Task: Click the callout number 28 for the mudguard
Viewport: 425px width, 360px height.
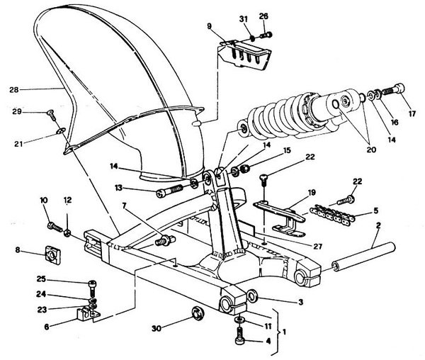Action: pos(14,90)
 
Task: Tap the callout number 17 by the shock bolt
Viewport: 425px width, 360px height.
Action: pos(412,113)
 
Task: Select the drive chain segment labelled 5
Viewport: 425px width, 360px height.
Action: pos(333,213)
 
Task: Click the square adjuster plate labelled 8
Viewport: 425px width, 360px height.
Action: pos(52,255)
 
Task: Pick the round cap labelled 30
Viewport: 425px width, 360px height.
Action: pos(198,314)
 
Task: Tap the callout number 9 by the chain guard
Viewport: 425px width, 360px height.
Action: pos(209,26)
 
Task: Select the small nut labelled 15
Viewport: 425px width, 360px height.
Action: pos(245,169)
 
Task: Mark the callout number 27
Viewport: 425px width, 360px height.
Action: pos(317,246)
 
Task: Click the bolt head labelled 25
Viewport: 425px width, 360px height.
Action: pos(92,284)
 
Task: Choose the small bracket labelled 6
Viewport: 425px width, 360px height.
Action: pos(86,314)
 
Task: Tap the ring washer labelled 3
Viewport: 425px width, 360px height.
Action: pos(253,296)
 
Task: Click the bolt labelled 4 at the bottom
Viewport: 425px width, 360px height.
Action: pos(240,336)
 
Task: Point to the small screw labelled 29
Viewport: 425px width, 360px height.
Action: pos(52,116)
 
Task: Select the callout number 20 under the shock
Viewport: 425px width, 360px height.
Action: pos(371,150)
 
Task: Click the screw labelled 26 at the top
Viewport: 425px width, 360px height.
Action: pos(266,35)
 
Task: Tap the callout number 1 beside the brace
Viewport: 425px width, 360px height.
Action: pos(284,332)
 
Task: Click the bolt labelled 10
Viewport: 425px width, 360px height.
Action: pos(55,227)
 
